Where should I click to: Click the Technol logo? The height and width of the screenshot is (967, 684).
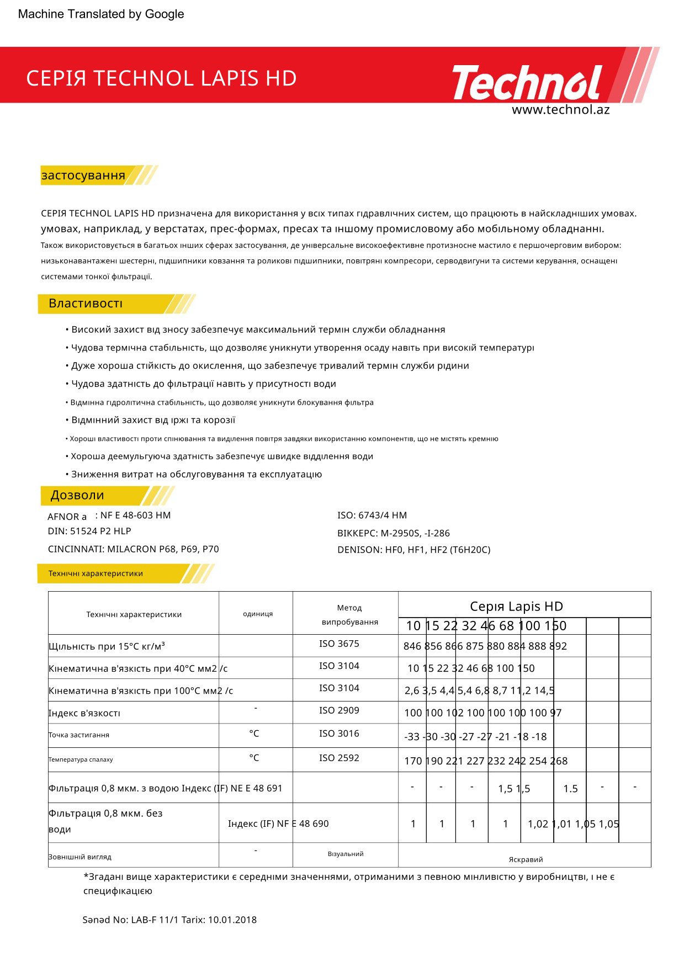(527, 83)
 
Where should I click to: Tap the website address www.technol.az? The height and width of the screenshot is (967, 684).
(560, 110)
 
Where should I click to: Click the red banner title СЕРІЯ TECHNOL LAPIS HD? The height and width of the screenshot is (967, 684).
(161, 78)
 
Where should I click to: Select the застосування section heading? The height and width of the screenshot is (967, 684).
(83, 176)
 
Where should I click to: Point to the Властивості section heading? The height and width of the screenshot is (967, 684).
(86, 304)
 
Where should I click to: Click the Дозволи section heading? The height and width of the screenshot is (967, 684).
(77, 496)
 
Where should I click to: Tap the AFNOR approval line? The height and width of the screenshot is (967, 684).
(109, 516)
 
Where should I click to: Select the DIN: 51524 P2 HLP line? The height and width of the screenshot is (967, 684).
(89, 532)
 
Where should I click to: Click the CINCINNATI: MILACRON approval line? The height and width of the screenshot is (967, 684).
(133, 550)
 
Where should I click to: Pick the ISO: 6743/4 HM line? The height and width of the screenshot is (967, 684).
(372, 516)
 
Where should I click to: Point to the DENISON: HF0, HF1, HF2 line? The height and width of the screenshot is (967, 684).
(413, 550)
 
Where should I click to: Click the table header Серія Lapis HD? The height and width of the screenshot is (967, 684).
(516, 607)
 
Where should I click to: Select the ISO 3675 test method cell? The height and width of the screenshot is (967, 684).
(339, 644)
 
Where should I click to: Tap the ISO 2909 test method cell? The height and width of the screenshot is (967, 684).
(339, 711)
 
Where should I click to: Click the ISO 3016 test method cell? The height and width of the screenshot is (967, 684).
(339, 734)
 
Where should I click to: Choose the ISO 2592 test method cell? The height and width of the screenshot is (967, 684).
(339, 758)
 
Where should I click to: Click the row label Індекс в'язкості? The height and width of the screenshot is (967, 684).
(84, 713)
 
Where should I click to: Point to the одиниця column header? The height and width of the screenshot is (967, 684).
(258, 614)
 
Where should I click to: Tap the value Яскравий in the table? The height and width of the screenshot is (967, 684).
(526, 859)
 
